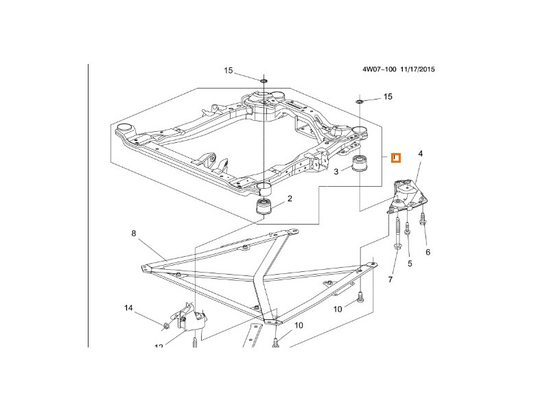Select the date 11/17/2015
[x=419, y=69]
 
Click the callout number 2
[x=290, y=199]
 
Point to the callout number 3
[x=336, y=171]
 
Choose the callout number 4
[x=421, y=154]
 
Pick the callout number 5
[x=410, y=263]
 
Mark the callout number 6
[x=428, y=252]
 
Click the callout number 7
[x=392, y=280]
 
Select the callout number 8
[x=134, y=234]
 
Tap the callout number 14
[x=128, y=308]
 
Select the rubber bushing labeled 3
[x=358, y=166]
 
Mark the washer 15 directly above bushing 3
[x=359, y=102]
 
